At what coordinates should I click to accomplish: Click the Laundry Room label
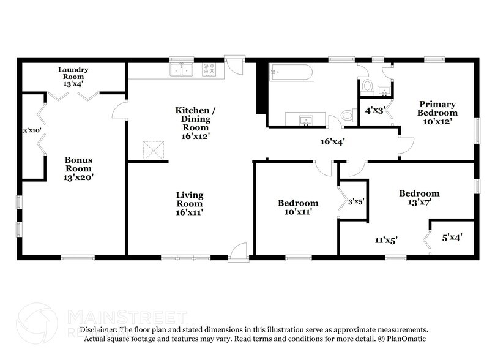(73, 73)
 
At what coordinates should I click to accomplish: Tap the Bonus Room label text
(79, 168)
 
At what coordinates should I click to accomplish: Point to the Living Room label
(190, 204)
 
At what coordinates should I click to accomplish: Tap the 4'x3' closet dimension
(374, 111)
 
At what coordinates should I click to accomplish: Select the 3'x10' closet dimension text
(32, 130)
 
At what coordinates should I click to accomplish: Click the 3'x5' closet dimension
(356, 200)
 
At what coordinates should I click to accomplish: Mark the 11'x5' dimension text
(386, 241)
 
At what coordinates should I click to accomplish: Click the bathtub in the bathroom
(292, 74)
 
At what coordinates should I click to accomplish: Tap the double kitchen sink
(182, 70)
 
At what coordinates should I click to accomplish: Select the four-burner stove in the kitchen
(210, 70)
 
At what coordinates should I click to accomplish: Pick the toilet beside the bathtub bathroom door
(348, 114)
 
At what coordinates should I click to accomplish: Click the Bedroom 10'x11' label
(298, 208)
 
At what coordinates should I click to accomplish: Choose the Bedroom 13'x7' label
(419, 198)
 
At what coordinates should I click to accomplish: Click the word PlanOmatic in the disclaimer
(406, 338)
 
